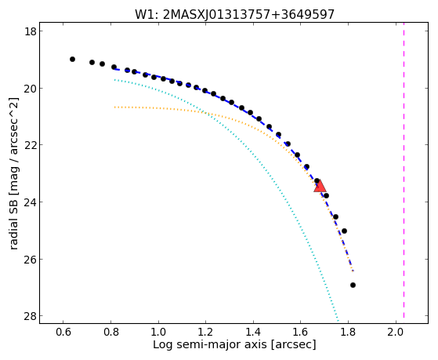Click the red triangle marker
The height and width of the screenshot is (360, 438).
[320, 187]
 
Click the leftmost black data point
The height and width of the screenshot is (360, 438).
[72, 59]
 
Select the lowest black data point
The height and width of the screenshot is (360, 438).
[353, 285]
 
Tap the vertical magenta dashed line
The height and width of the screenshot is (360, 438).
[404, 173]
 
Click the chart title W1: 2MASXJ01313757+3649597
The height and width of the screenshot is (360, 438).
[234, 14]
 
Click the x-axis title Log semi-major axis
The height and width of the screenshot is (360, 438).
[234, 344]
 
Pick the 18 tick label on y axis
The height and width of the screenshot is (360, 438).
[30, 31]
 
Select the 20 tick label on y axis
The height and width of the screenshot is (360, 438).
[30, 88]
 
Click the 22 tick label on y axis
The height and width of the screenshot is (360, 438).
[30, 145]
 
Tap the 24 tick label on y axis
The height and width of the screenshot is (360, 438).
[30, 202]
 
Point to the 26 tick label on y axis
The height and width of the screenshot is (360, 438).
[30, 259]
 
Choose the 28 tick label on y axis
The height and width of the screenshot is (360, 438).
[30, 316]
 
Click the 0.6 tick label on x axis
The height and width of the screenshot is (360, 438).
[63, 332]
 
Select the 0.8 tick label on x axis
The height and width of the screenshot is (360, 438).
[111, 332]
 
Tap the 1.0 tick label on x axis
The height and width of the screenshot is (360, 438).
[158, 332]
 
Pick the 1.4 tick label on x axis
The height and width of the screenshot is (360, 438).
[253, 332]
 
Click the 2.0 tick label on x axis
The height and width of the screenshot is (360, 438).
[396, 332]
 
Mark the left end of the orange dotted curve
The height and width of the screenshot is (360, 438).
[114, 107]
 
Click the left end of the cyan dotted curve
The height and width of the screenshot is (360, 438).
[114, 80]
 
